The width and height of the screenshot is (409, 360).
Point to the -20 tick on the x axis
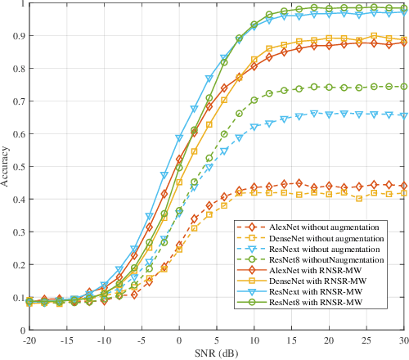click(x=29, y=340)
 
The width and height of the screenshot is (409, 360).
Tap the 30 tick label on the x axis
click(x=403, y=340)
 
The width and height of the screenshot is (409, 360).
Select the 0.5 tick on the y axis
click(x=18, y=166)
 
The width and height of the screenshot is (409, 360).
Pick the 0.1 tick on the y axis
click(x=18, y=297)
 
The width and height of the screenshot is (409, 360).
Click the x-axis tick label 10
click(x=254, y=340)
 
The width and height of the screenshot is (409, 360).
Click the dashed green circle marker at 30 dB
click(x=403, y=86)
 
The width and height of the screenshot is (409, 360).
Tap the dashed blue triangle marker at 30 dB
click(x=403, y=115)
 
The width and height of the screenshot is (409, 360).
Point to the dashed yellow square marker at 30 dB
click(x=403, y=193)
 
